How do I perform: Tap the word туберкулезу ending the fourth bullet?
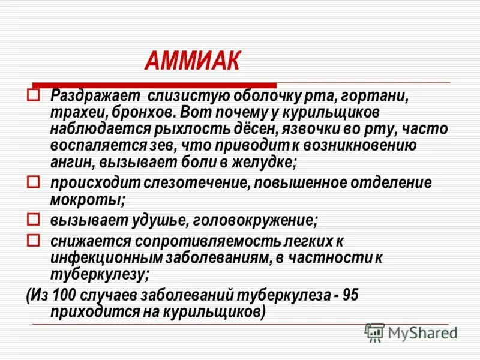[97, 274]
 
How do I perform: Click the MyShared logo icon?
[374, 332]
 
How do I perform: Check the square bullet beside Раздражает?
[34, 95]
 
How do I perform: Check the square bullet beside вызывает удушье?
[34, 218]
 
